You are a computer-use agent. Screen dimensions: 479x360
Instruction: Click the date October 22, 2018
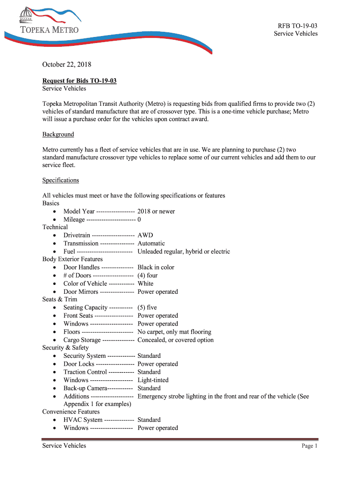67,65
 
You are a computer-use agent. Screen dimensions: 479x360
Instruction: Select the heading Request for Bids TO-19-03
79,81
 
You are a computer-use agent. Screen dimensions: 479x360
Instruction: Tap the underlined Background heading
58,134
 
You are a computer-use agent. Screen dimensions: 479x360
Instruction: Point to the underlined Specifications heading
61,180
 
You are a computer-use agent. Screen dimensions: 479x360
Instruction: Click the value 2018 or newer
156,211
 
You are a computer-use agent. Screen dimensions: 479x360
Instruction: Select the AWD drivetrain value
145,235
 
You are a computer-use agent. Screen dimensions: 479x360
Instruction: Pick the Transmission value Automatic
151,243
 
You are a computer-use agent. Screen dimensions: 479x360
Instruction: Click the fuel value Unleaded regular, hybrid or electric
184,252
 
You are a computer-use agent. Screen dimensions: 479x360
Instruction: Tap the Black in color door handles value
156,268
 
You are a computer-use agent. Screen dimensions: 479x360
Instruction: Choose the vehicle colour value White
145,283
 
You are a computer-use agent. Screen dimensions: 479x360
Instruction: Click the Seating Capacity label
85,308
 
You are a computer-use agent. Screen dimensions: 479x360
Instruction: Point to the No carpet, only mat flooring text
174,332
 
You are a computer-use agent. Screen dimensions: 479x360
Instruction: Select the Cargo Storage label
82,340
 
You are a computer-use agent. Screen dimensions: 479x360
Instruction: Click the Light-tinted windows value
153,380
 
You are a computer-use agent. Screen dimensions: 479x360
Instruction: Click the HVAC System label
83,420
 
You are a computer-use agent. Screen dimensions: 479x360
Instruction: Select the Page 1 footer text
310,446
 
